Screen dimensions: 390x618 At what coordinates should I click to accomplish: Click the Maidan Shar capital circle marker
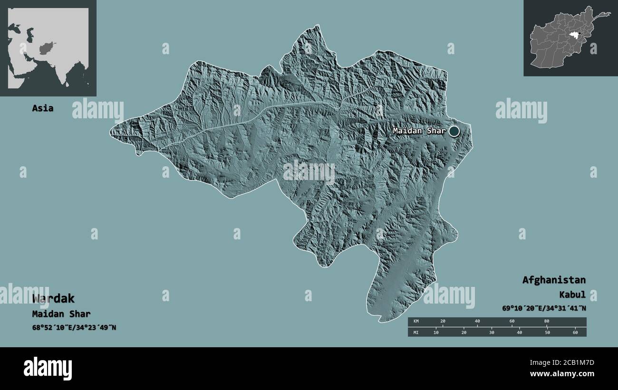click(455, 131)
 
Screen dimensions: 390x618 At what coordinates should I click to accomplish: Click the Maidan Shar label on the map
click(419, 131)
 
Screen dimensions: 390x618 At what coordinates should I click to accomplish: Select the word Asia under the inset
click(43, 108)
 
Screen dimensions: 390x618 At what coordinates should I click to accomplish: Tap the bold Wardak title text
click(54, 299)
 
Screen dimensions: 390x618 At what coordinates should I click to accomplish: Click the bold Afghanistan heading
click(554, 280)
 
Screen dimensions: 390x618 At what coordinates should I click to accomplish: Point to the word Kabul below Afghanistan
click(572, 295)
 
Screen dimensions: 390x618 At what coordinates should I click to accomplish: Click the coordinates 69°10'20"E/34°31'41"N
click(543, 308)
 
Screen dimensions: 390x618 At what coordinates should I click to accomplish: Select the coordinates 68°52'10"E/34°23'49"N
click(74, 327)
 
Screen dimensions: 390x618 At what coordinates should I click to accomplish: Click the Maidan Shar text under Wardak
click(61, 314)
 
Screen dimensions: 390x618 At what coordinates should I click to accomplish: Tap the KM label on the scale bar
click(416, 322)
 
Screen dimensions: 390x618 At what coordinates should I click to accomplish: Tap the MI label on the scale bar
click(416, 332)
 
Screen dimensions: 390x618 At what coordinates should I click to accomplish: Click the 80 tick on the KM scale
click(547, 322)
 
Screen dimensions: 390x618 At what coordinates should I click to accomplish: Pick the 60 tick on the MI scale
click(575, 332)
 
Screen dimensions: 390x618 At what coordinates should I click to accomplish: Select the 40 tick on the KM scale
click(477, 322)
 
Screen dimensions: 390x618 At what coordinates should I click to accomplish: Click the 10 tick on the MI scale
click(436, 332)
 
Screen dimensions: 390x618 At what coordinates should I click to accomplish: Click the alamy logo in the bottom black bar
click(48, 368)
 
